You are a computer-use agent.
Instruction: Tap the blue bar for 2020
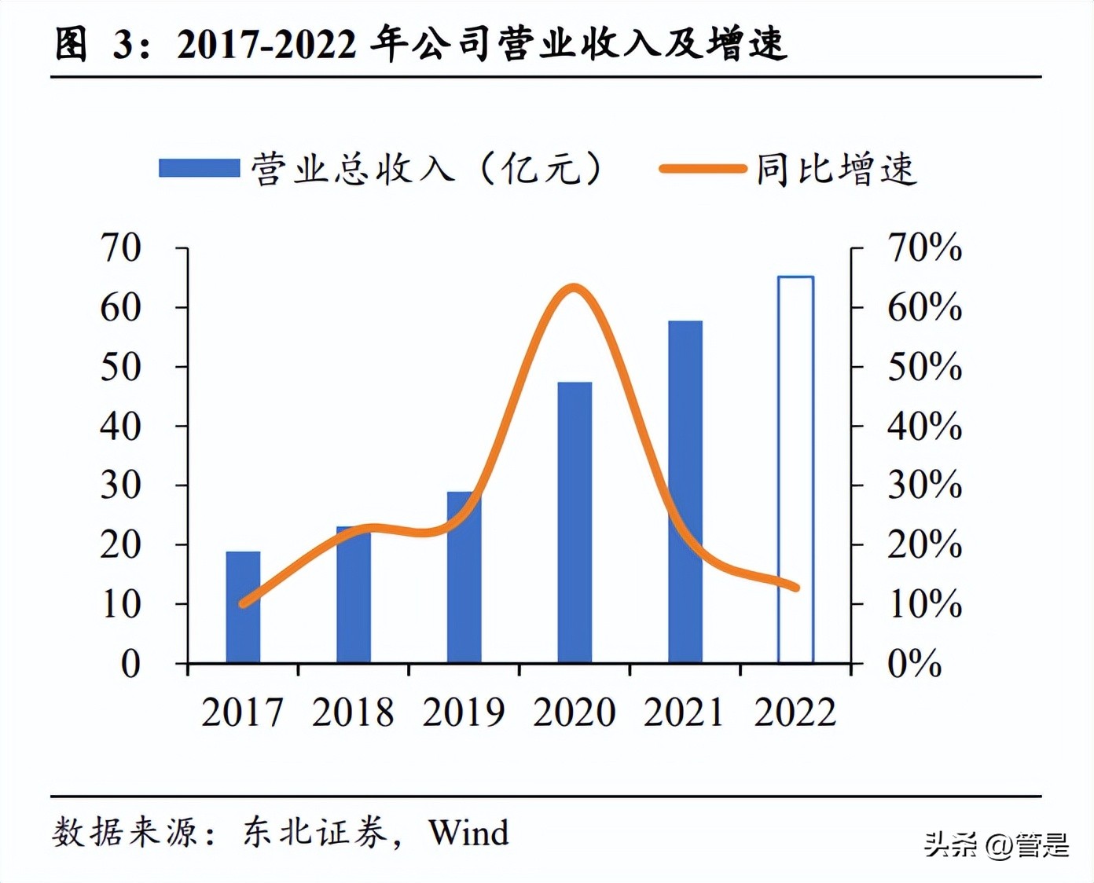575,522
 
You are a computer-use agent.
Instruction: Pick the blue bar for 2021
685,492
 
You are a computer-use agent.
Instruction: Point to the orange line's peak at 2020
575,288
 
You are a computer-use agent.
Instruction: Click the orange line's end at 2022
796,587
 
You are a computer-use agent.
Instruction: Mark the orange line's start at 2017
243,603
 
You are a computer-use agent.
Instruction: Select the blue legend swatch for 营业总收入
199,168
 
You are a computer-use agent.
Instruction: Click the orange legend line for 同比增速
702,168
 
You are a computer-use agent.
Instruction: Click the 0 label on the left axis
130,664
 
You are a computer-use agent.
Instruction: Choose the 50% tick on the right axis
924,366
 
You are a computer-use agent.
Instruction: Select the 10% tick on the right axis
924,604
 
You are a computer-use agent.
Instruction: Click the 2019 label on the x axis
464,713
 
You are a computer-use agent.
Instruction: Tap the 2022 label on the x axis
795,713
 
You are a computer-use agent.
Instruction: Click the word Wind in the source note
468,833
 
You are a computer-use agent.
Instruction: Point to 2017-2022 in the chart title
266,44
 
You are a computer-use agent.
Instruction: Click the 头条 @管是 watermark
996,845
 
